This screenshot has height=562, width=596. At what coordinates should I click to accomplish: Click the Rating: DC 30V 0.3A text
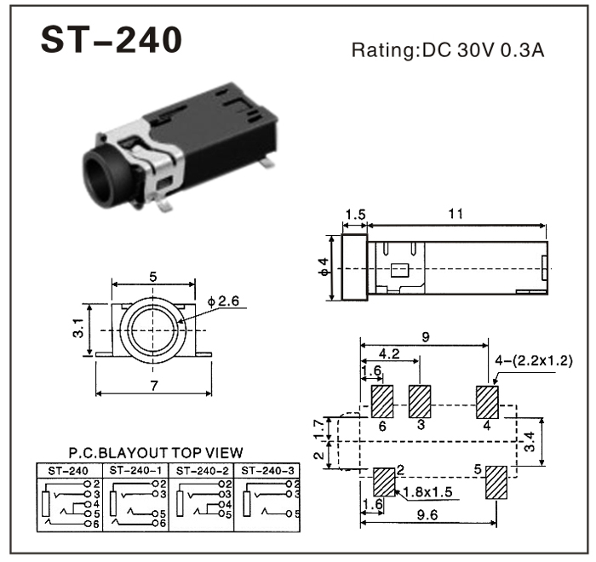(x=448, y=49)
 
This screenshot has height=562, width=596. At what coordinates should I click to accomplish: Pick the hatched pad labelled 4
(x=486, y=400)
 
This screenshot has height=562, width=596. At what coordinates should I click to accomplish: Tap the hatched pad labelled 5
(x=496, y=482)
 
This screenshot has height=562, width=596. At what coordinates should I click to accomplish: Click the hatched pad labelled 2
(x=385, y=482)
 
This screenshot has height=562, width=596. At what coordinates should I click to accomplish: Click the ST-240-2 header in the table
(x=197, y=469)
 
